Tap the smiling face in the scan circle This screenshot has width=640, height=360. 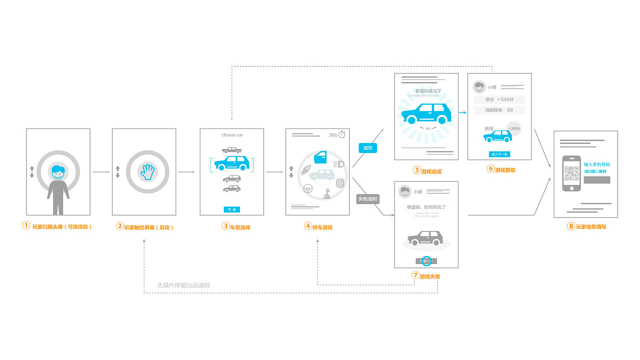[58, 172]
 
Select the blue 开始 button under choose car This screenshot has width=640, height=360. [231, 209]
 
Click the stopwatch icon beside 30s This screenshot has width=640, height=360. [342, 134]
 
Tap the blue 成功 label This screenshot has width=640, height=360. [367, 148]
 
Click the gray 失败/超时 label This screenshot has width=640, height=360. [367, 199]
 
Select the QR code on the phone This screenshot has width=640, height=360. [571, 173]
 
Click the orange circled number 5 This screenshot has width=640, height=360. [416, 170]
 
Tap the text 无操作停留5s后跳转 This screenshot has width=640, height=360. [183, 285]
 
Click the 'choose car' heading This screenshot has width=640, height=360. [232, 135]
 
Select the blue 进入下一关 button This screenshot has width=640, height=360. [499, 154]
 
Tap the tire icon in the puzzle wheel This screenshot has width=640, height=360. [340, 183]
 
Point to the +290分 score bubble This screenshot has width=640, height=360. [513, 128]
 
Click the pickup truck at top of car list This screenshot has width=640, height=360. [231, 149]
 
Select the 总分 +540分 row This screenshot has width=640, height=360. [499, 99]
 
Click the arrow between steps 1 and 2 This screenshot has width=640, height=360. [101, 172]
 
